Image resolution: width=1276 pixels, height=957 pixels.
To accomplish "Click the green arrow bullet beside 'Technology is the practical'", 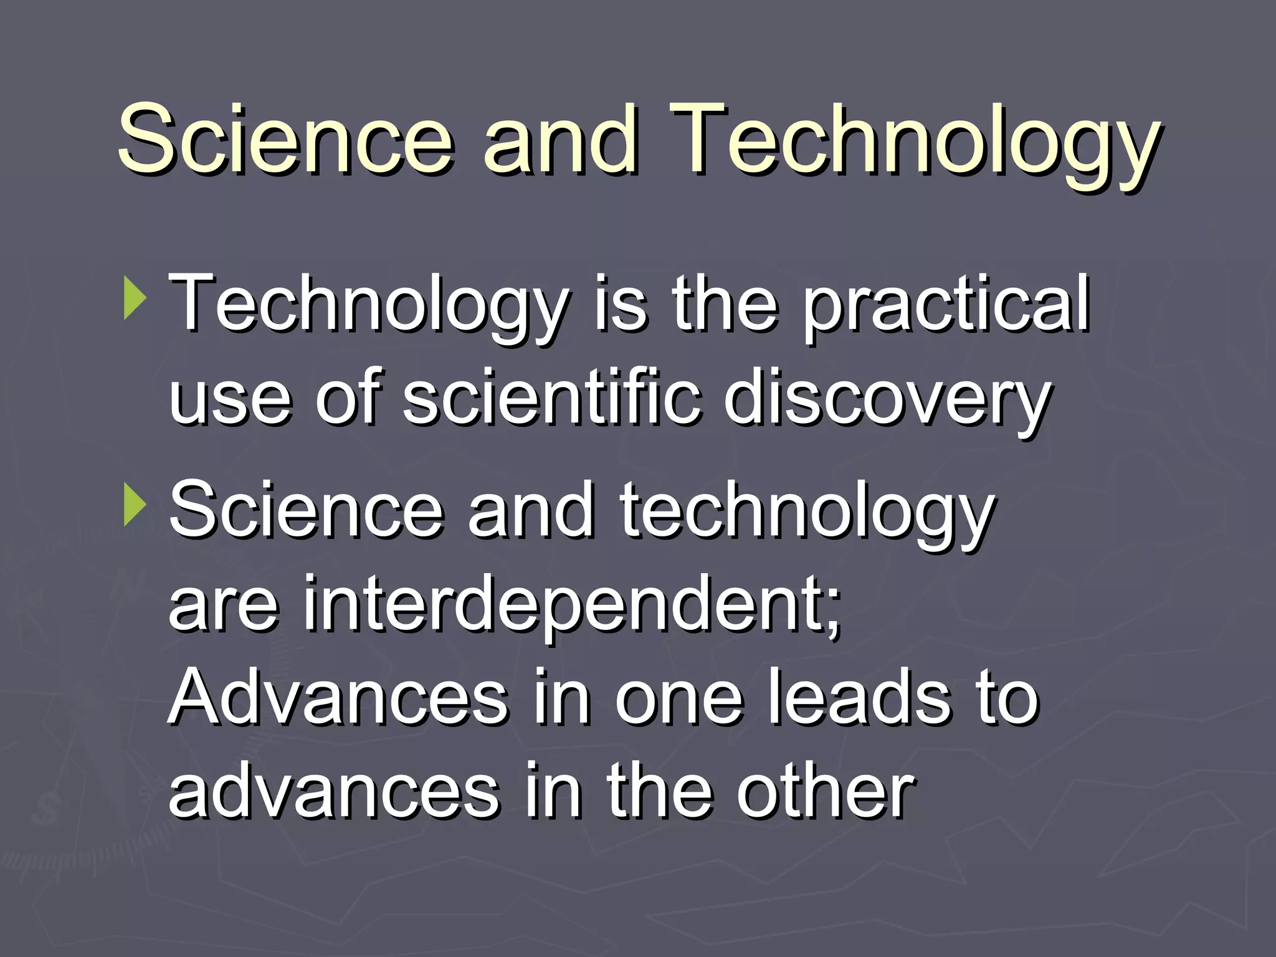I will pos(135,300).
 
